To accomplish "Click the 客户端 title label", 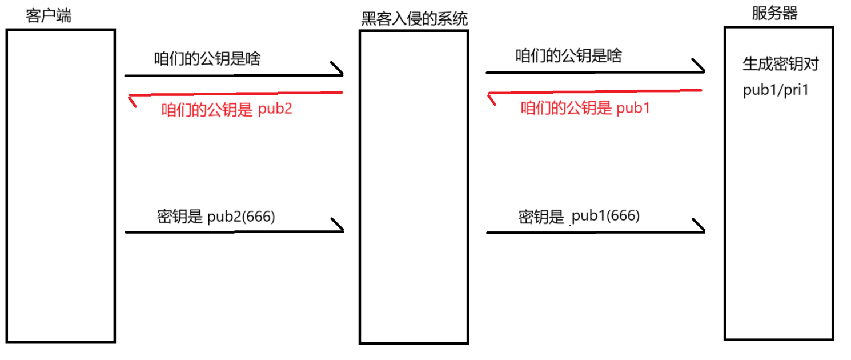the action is (x=49, y=15).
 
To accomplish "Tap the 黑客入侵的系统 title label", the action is (x=415, y=19).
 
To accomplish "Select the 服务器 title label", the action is (x=774, y=14).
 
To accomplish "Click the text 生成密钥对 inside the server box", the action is (x=780, y=64).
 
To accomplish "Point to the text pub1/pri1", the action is (x=776, y=91).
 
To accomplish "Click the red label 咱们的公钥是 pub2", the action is (x=227, y=109).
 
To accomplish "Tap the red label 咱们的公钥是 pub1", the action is (x=585, y=108).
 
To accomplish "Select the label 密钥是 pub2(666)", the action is (x=216, y=217).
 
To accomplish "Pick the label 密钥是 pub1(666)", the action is (x=579, y=216).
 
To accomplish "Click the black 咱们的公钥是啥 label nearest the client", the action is (x=207, y=58).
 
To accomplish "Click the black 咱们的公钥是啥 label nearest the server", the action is (x=568, y=56).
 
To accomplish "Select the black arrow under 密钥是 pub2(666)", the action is (x=234, y=231).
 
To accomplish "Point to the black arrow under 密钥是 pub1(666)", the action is (x=595, y=232).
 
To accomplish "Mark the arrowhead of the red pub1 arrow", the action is (x=491, y=98).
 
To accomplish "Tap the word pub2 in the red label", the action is (x=275, y=109).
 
